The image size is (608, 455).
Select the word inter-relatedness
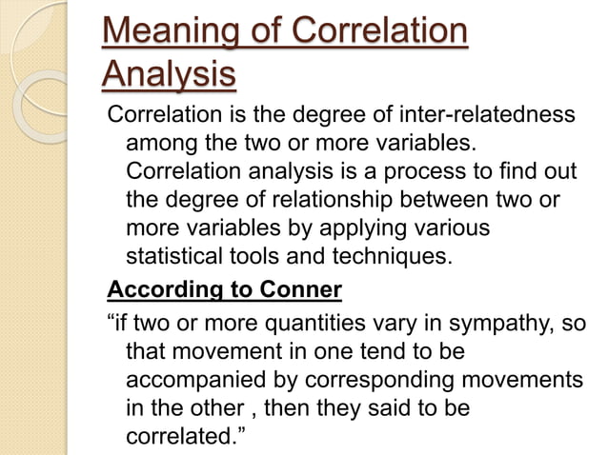tap(476, 115)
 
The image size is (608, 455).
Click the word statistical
tap(172, 257)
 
